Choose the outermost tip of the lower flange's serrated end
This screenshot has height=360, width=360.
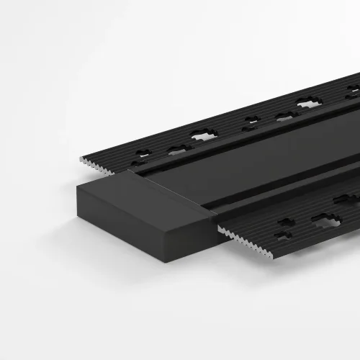click(219, 229)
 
